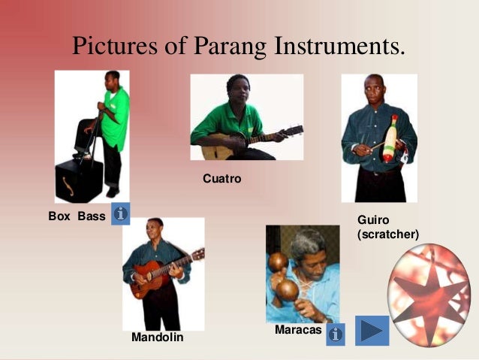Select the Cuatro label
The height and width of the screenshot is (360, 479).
pyautogui.click(x=221, y=179)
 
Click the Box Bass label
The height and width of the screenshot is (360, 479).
pyautogui.click(x=77, y=217)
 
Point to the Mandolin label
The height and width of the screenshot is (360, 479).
pyautogui.click(x=157, y=337)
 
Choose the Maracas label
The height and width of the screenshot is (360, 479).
pyautogui.click(x=298, y=330)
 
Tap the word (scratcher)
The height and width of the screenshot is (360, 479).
pyautogui.click(x=387, y=234)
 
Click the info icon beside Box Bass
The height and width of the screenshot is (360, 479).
pyautogui.click(x=120, y=214)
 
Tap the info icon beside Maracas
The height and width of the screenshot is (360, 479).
pyautogui.click(x=336, y=332)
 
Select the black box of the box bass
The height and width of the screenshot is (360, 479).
pyautogui.click(x=77, y=181)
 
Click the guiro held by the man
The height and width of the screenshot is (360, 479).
pyautogui.click(x=390, y=138)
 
